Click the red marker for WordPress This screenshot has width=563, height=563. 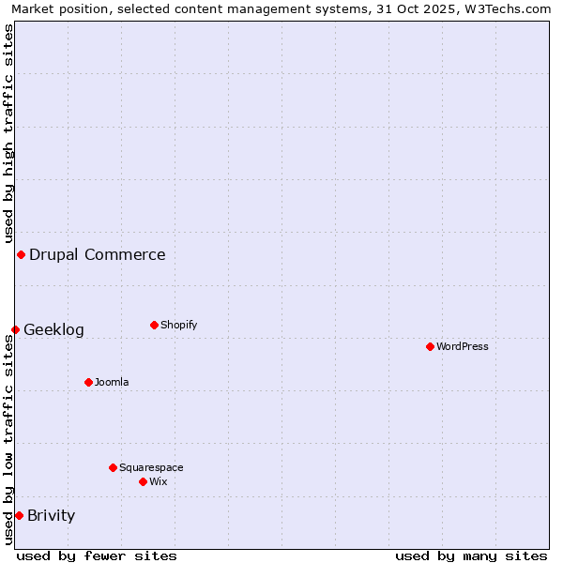pyautogui.click(x=430, y=346)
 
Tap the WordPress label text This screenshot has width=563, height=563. pyautogui.click(x=463, y=346)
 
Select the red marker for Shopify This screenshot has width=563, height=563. pyautogui.click(x=154, y=325)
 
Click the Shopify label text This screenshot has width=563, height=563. pyautogui.click(x=178, y=325)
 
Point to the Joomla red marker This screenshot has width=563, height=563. pyautogui.click(x=88, y=382)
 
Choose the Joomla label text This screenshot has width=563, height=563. pyautogui.click(x=112, y=382)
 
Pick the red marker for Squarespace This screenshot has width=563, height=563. pyautogui.click(x=113, y=467)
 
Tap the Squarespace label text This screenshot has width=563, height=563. pyautogui.click(x=151, y=467)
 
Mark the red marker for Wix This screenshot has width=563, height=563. pyautogui.click(x=143, y=481)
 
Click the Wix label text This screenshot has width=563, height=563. pyautogui.click(x=158, y=481)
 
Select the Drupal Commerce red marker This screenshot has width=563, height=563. pyautogui.click(x=21, y=254)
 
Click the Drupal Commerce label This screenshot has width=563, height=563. pyautogui.click(x=98, y=254)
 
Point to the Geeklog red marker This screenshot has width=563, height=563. pyautogui.click(x=15, y=329)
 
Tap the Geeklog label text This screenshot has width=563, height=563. pyautogui.click(x=53, y=329)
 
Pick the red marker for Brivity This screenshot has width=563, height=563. pyautogui.click(x=19, y=515)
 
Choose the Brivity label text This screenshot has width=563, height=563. pyautogui.click(x=52, y=515)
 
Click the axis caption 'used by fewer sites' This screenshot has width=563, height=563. pyautogui.click(x=97, y=555)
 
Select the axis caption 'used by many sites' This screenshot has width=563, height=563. pyautogui.click(x=471, y=555)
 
